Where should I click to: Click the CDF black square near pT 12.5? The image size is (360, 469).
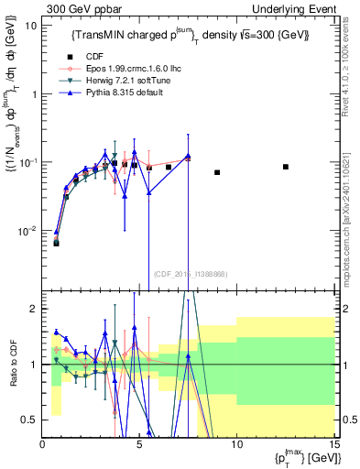coord(286,167)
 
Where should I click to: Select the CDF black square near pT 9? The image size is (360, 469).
coord(217,172)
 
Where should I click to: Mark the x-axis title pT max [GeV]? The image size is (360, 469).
coord(301,459)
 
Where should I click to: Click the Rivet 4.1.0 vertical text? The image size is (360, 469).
coord(353,73)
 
